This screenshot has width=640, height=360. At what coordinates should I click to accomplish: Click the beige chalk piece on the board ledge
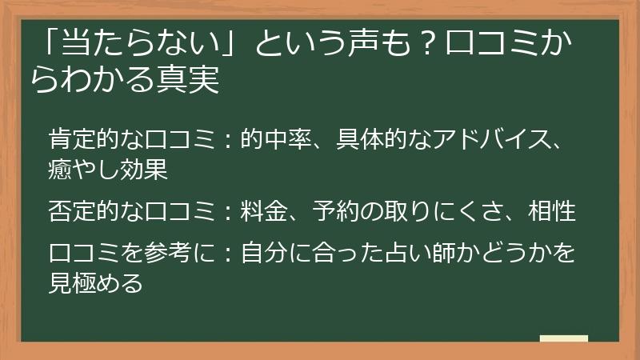tap(563, 338)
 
